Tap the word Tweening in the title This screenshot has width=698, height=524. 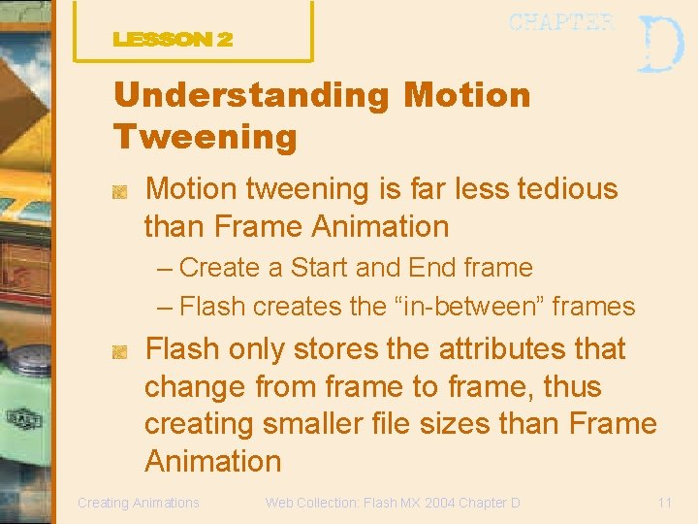(205, 136)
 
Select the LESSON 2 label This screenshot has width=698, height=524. (173, 40)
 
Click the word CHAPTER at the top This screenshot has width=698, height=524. (561, 23)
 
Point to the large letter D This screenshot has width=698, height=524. (661, 45)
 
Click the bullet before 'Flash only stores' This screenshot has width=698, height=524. (120, 354)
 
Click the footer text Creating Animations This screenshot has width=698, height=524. (138, 503)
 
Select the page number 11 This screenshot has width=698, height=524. (664, 503)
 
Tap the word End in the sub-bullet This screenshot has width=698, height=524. (430, 268)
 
